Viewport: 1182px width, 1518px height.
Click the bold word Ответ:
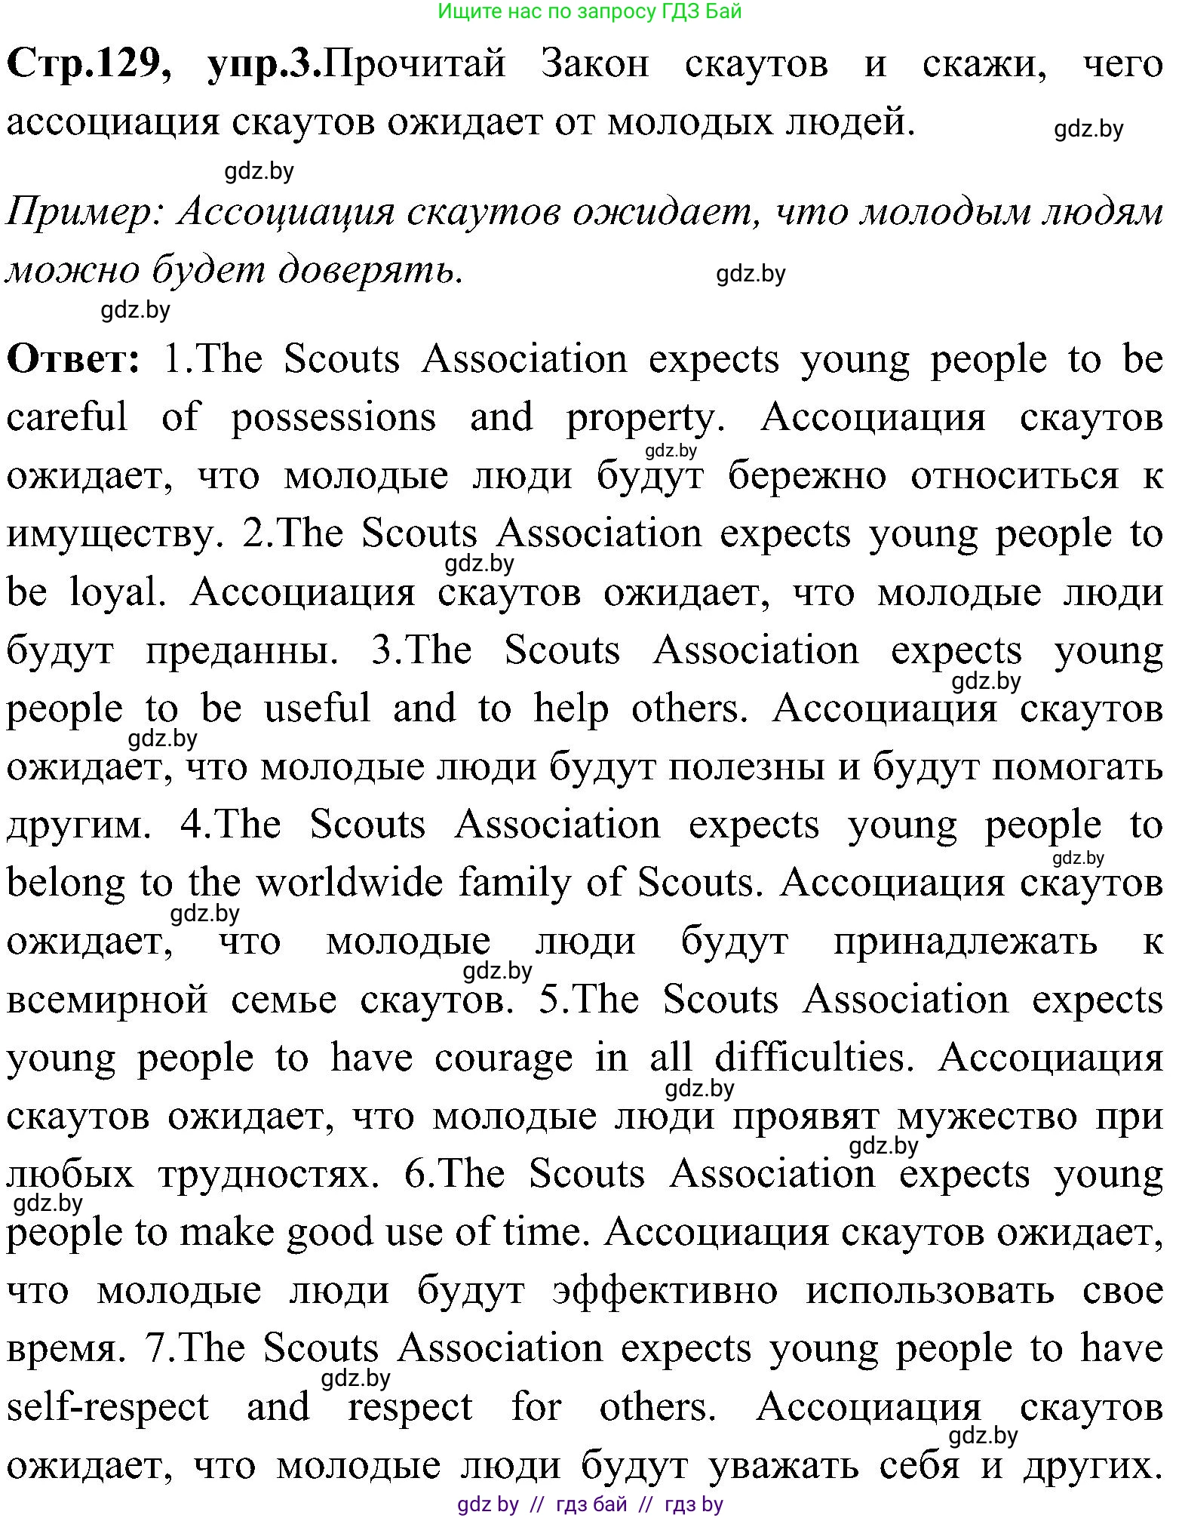tap(73, 359)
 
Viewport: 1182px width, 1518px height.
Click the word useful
tap(317, 709)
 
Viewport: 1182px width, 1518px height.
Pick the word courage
tap(503, 1059)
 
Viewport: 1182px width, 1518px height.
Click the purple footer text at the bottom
tap(590, 1504)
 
